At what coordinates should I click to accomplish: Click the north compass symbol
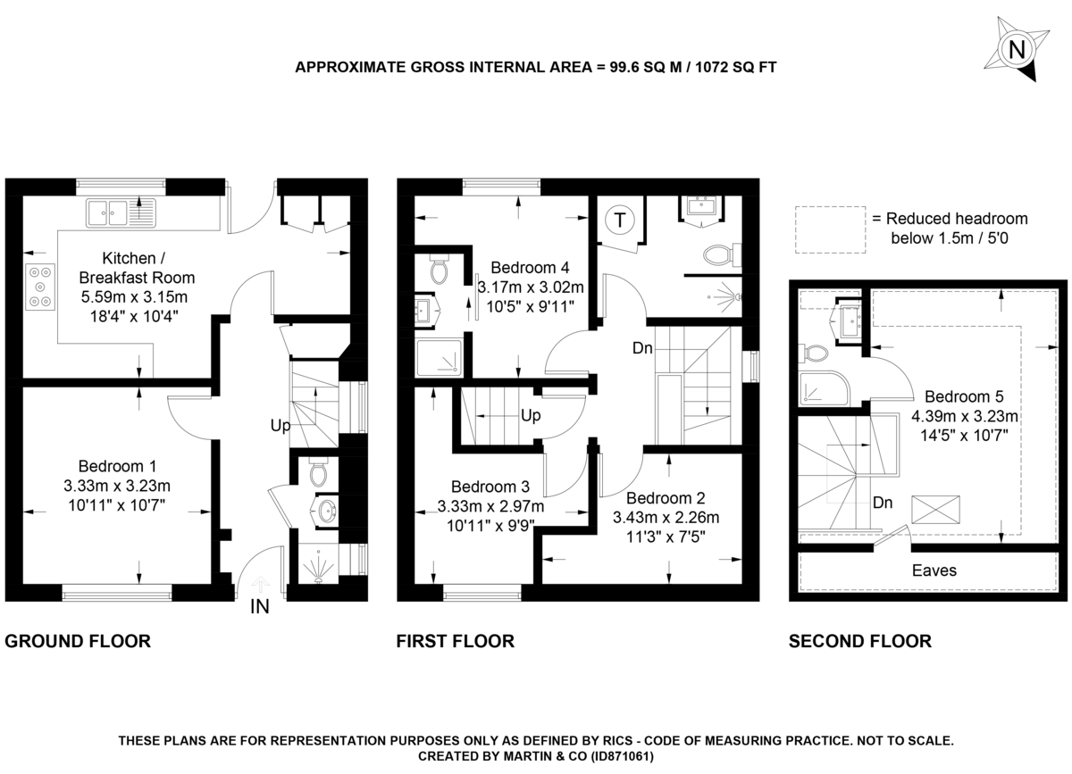coord(1016,49)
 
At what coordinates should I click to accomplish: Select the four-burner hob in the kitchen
coord(40,286)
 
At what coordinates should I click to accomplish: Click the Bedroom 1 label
coord(117,466)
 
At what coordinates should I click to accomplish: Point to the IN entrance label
coord(260,608)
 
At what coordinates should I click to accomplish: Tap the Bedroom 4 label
coord(530,268)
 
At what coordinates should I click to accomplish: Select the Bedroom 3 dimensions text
coord(491,516)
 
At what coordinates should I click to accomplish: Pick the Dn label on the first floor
coord(642,349)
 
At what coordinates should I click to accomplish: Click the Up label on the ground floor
coord(281,426)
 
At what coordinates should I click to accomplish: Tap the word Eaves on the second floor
coord(934,570)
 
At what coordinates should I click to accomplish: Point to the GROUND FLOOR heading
coord(78,640)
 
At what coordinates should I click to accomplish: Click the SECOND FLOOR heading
coord(859,640)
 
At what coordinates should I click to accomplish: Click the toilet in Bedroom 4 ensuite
coord(439,270)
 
